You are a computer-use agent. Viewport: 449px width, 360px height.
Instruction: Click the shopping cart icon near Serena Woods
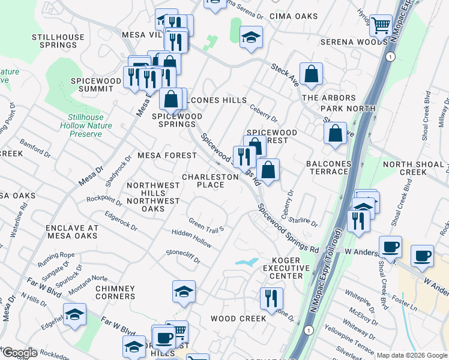click(381, 26)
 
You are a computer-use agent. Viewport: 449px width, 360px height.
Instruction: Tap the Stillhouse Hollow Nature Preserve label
click(81, 125)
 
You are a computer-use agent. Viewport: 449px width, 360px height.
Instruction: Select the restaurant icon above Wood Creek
click(271, 298)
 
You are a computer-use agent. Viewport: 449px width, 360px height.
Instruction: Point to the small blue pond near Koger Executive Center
click(247, 262)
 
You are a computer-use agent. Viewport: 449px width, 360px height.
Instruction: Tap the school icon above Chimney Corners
click(184, 292)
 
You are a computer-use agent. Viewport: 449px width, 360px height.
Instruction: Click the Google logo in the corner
click(19, 353)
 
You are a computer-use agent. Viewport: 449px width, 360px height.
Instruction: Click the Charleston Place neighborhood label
click(211, 181)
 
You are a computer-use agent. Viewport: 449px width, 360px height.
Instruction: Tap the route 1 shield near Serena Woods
click(391, 56)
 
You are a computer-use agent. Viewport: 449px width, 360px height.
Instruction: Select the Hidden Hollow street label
click(191, 239)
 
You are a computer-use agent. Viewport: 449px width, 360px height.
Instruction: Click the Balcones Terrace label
click(327, 167)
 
